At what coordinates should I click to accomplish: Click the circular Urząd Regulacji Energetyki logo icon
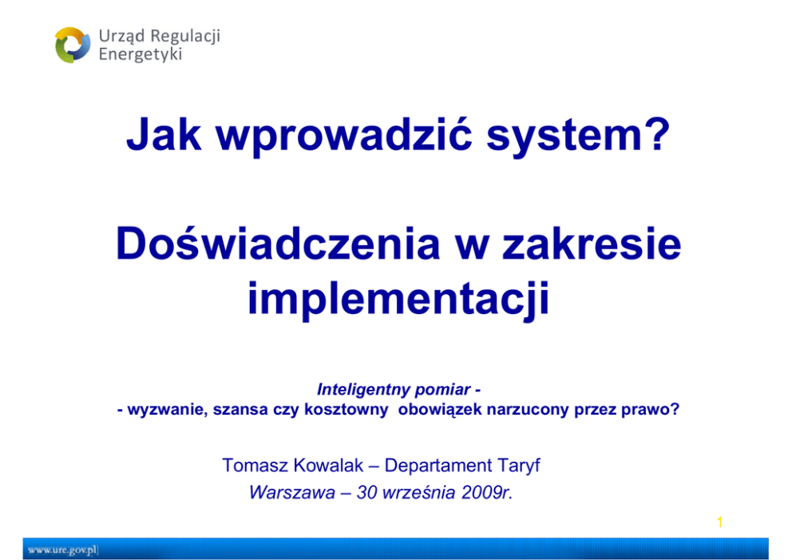point(73,45)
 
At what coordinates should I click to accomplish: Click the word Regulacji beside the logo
point(185,37)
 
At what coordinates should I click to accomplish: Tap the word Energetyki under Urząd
point(140,54)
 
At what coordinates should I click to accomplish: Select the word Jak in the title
point(164,134)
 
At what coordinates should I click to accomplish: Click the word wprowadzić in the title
point(344,135)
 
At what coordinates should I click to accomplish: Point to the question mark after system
point(657,133)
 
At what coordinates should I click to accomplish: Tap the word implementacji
point(398,299)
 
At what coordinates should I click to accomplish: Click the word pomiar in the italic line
point(443,390)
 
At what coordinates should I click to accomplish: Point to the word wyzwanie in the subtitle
point(167,409)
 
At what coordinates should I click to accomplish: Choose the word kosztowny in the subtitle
point(346,409)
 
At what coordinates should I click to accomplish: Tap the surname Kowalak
point(328,466)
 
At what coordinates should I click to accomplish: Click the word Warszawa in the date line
point(292,492)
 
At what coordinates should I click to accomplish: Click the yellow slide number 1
point(720,522)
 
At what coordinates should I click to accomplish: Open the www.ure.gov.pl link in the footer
point(62,550)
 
